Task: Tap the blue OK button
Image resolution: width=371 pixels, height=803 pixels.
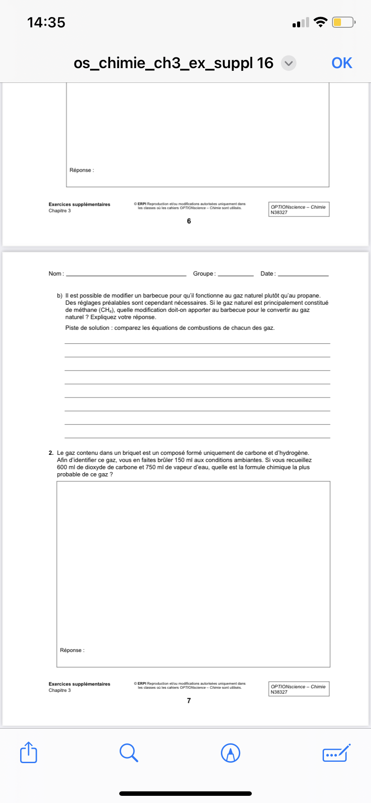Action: tap(341, 63)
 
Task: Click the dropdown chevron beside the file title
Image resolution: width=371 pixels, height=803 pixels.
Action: tap(289, 63)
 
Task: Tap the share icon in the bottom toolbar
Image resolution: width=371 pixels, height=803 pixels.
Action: tap(29, 752)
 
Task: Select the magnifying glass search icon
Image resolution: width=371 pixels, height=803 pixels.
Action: tap(129, 752)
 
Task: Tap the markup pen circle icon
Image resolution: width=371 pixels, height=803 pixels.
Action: tap(231, 753)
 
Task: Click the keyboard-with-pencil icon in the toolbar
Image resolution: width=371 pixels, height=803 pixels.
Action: tap(336, 753)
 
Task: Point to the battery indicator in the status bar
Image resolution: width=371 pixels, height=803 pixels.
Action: tap(343, 22)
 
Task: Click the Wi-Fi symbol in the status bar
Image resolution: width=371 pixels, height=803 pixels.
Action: tap(320, 22)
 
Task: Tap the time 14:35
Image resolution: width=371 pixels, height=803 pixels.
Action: tap(46, 22)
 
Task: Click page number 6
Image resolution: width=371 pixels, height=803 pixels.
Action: tap(189, 221)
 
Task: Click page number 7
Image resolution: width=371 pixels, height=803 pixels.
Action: tap(189, 700)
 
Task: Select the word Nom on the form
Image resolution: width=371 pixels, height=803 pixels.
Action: tap(55, 274)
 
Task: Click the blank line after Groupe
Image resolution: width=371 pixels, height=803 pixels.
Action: tap(236, 275)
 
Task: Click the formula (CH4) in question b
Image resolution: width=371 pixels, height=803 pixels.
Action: tap(107, 310)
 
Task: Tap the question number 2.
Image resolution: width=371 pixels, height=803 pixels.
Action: tap(51, 453)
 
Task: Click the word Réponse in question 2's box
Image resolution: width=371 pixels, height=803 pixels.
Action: tap(71, 650)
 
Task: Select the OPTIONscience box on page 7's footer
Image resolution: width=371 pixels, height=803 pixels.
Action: tap(299, 689)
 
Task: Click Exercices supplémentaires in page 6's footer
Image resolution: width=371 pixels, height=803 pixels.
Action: tap(79, 204)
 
